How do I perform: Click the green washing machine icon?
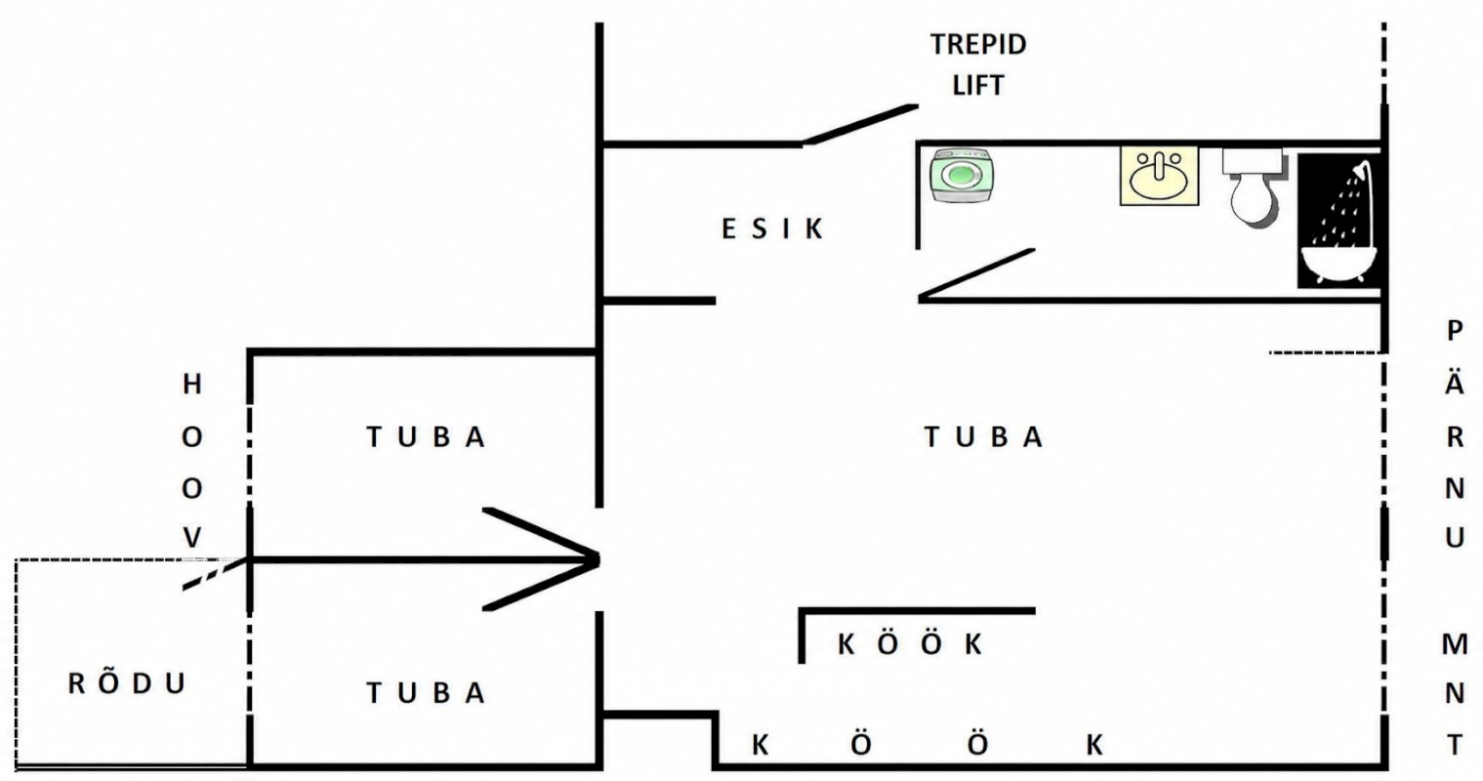pos(962,176)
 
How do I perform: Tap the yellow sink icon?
pos(1159,176)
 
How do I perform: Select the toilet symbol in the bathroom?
pos(1254,188)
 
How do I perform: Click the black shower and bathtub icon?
pos(1339,221)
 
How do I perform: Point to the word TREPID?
pos(978,44)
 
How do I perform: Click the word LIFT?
pos(978,85)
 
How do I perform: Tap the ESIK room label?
pos(772,229)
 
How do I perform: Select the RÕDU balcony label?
pos(127,683)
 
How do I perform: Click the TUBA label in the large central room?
pos(983,436)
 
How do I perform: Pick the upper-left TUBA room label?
pos(427,436)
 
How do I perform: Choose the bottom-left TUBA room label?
pos(427,693)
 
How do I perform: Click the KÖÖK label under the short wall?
pos(910,643)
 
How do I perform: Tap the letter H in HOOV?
pos(192,384)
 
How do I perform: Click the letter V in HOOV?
pos(192,538)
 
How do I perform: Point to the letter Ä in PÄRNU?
pos(1454,382)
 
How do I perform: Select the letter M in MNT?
pos(1454,643)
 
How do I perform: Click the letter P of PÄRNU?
pos(1455,330)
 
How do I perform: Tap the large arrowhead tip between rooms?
pos(597,560)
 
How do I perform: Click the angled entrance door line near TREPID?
pos(861,124)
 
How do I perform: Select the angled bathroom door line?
pos(976,274)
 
